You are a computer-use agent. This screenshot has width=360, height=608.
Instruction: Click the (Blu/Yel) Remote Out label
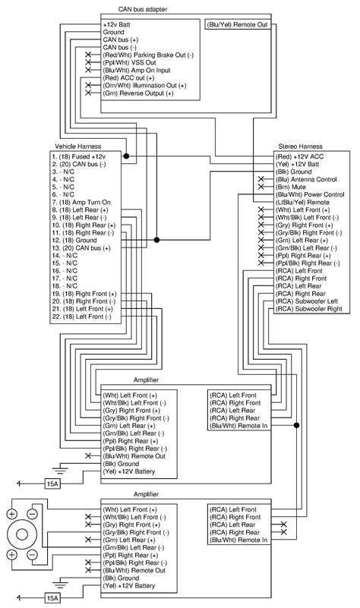(x=238, y=24)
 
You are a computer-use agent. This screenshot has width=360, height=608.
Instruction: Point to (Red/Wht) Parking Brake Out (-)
(x=148, y=55)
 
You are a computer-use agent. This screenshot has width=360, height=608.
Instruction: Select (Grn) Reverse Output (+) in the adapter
(x=137, y=93)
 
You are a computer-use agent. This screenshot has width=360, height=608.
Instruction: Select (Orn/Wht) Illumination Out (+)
(x=144, y=86)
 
